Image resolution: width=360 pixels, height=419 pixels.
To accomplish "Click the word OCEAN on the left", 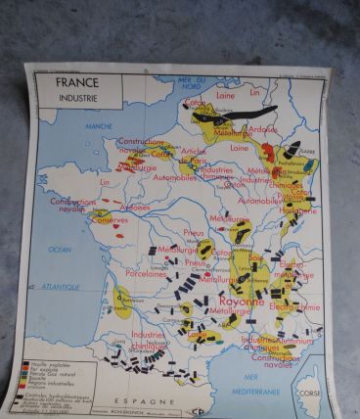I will (x=61, y=250).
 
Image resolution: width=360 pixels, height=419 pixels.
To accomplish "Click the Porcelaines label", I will (x=147, y=274).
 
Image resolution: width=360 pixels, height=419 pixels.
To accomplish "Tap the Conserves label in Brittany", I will (x=111, y=219).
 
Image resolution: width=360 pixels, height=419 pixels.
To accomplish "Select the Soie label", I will (x=255, y=256).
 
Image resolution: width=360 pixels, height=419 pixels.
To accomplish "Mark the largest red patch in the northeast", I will (x=267, y=154).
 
